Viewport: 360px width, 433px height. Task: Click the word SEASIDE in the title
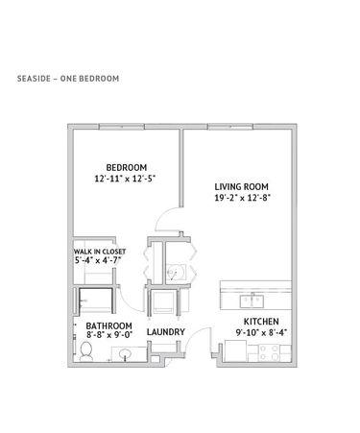point(34,79)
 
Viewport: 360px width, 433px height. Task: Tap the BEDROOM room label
point(127,167)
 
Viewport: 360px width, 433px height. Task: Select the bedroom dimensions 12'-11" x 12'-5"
point(125,179)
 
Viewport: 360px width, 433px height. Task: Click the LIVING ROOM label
point(241,186)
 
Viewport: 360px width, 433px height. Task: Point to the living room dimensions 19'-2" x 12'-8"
point(243,198)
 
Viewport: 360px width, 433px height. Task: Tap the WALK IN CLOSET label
point(100,252)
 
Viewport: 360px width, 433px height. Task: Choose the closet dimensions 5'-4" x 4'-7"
point(98,260)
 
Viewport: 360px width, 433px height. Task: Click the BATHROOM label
point(108,325)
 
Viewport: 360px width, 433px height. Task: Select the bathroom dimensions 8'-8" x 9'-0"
point(109,335)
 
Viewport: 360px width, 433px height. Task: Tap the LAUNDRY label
point(166,332)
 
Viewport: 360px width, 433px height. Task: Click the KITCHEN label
point(261,322)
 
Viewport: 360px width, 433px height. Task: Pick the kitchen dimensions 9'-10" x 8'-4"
point(261,333)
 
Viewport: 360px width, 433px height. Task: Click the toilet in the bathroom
point(85,351)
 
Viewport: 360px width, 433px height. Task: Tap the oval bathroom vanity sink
point(125,354)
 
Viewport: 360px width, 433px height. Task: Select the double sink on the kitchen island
point(252,301)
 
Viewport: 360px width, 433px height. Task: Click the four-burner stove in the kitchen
point(269,353)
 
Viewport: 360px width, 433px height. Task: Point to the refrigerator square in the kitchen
point(235,351)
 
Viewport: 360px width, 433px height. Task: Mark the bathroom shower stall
point(96,301)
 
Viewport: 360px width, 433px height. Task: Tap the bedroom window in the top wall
point(122,127)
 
